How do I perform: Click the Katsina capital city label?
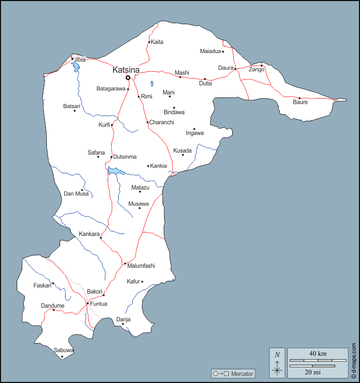click(126, 70)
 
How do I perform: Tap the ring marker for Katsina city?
click(128, 78)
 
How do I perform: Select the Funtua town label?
click(98, 304)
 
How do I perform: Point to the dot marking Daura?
click(235, 69)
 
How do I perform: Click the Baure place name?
click(300, 103)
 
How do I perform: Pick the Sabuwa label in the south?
click(64, 350)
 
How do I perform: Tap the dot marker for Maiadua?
click(223, 51)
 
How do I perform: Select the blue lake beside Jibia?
click(76, 67)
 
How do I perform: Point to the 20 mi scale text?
click(313, 372)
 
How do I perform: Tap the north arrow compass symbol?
click(277, 364)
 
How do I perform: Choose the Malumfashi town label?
click(141, 266)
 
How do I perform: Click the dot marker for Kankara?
click(101, 238)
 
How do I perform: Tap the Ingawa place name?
click(194, 133)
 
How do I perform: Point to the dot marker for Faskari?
click(53, 283)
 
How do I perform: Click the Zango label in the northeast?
click(256, 70)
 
